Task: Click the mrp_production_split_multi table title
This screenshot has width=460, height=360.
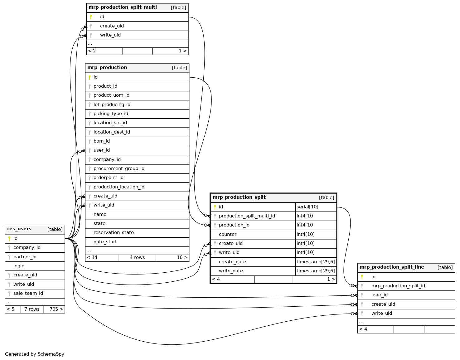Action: pos(123,7)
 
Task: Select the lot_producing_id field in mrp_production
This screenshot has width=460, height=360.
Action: pos(112,105)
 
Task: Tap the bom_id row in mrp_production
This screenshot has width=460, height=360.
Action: pos(102,141)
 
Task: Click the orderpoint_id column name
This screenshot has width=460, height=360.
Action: pos(108,178)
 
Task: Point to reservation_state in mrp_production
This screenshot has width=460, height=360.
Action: pos(114,232)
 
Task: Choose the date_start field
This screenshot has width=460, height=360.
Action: pos(105,242)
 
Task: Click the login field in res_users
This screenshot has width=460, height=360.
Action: pos(19,266)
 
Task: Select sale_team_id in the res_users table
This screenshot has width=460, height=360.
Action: pos(28,293)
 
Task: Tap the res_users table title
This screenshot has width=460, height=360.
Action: pos(19,229)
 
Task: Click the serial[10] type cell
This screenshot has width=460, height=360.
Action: pos(307,207)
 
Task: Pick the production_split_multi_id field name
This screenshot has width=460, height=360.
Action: pos(247,216)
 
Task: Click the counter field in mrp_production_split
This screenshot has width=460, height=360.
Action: pos(227,234)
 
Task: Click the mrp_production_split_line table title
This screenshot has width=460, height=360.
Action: pos(392,267)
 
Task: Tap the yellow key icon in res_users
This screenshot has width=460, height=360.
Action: pos(9,239)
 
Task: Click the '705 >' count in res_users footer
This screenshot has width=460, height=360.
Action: pos(56,309)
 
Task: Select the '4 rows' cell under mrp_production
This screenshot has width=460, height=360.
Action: pos(137,257)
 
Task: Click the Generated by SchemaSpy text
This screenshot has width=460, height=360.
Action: pos(35,354)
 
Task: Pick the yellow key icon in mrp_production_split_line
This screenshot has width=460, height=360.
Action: pos(362,277)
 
